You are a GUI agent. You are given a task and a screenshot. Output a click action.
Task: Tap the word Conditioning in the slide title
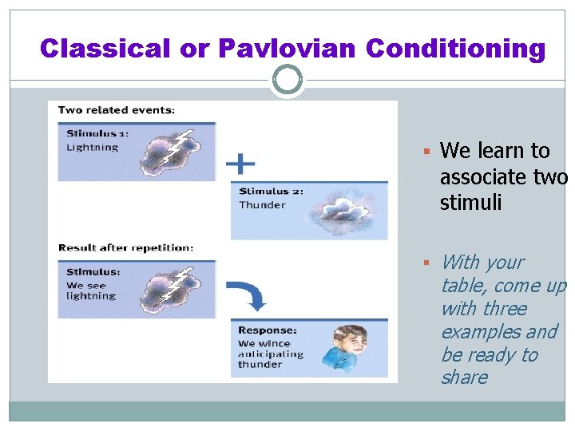455,49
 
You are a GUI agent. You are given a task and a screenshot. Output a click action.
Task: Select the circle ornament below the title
287,80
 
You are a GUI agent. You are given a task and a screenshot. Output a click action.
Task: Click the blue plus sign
240,164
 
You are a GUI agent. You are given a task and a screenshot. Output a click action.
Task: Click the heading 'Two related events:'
117,109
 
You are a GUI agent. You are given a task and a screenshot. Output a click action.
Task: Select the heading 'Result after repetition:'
125,248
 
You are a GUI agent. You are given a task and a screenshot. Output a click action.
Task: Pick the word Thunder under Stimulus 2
261,205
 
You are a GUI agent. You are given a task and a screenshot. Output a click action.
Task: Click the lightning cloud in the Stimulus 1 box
173,152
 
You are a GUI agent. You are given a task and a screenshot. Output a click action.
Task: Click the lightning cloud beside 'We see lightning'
173,289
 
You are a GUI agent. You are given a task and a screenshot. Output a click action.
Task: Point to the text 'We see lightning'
91,290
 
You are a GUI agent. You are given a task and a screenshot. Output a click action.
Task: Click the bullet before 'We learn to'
427,152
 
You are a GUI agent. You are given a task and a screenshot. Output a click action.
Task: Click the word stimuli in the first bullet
470,203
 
